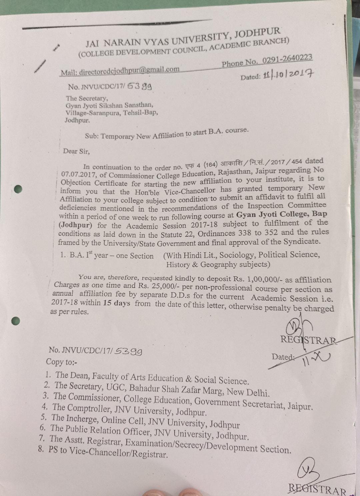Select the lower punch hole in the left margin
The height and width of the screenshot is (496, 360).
(x=15, y=321)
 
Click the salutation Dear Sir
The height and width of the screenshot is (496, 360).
(x=76, y=151)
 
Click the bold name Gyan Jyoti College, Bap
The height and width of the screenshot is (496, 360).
(x=282, y=214)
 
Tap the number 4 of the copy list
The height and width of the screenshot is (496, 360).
(x=45, y=407)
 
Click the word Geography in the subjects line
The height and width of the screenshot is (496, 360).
(x=220, y=265)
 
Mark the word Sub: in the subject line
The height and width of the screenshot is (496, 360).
(x=92, y=136)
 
